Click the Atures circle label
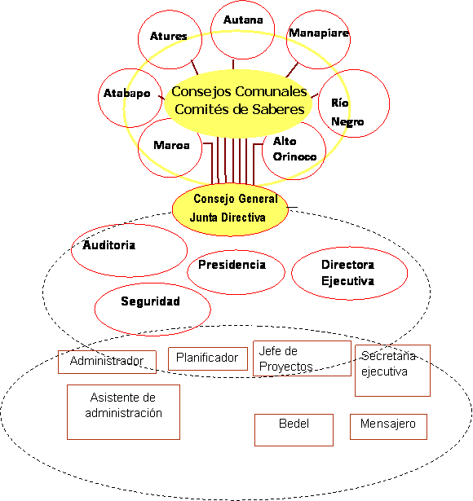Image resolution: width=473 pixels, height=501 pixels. (169, 36)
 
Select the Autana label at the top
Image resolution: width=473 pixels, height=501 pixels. (243, 20)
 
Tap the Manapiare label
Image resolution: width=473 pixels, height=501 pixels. (319, 33)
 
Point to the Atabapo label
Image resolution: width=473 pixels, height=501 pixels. (126, 93)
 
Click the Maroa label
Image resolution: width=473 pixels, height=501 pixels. (171, 145)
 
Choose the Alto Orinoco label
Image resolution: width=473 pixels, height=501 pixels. (294, 149)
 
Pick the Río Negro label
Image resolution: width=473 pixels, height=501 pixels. (347, 112)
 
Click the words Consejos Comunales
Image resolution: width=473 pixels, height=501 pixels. (239, 91)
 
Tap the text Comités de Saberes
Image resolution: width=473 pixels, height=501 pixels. (240, 109)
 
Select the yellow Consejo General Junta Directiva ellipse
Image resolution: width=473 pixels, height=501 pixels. (230, 209)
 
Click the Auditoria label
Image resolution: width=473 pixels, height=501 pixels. (108, 245)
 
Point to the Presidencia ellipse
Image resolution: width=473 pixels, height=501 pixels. (236, 272)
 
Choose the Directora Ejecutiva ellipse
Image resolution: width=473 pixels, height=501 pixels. (349, 273)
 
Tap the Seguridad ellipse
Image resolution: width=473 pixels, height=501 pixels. (153, 309)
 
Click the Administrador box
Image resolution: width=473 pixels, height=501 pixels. (107, 362)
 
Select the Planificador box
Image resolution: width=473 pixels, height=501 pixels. (208, 358)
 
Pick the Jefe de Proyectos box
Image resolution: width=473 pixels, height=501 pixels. (303, 358)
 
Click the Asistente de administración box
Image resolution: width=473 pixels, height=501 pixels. (123, 412)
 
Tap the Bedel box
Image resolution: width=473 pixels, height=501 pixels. (294, 430)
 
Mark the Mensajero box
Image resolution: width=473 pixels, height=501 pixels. (388, 427)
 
